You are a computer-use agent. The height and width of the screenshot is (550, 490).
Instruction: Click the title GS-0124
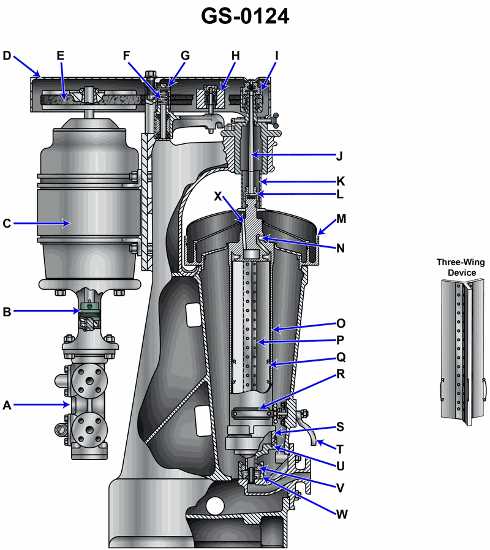tap(245, 17)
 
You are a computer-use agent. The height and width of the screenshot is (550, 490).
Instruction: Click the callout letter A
tap(7, 404)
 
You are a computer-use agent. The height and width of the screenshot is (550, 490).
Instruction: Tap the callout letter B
tap(7, 311)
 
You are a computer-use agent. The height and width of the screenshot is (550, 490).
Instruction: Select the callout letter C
tap(7, 224)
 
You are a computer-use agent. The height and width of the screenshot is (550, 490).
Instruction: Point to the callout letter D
tap(7, 56)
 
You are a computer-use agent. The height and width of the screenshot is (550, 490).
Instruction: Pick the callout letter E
tap(60, 56)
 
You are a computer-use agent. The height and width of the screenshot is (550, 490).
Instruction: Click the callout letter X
tap(217, 196)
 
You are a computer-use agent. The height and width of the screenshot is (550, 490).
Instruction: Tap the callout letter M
tap(341, 219)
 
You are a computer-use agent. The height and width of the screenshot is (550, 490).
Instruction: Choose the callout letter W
tap(342, 513)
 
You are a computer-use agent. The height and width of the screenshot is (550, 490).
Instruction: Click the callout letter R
tap(341, 373)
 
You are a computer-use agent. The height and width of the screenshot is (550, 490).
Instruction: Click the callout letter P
tap(341, 339)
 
